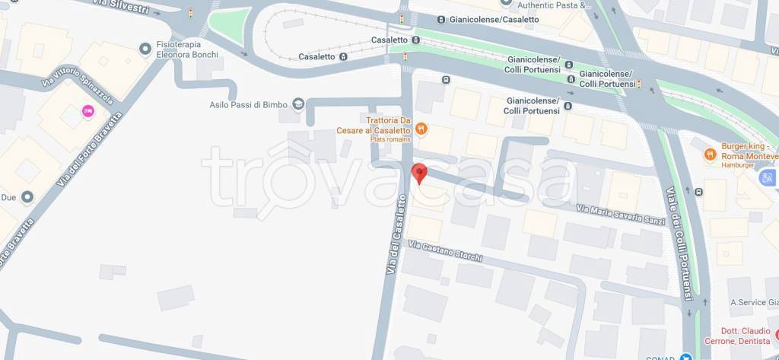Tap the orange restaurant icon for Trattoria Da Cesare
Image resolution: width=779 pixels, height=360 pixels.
(x=421, y=129)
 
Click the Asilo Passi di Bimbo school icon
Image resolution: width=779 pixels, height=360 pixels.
(x=298, y=104)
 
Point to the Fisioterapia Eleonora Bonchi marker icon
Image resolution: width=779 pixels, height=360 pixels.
(x=145, y=49)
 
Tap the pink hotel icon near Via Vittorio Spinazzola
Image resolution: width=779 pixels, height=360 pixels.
(x=87, y=113)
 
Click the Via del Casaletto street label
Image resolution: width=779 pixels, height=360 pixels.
(x=396, y=235)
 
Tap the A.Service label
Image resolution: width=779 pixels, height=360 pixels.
(x=752, y=302)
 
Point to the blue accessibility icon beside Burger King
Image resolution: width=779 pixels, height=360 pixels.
(x=767, y=177)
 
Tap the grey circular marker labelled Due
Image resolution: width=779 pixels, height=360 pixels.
(x=27, y=197)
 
